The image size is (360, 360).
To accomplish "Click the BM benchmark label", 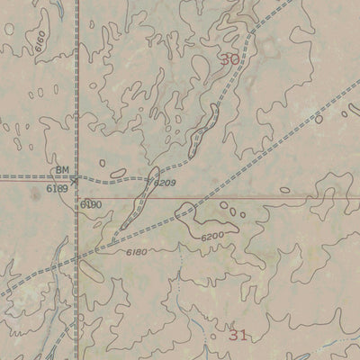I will (62, 168).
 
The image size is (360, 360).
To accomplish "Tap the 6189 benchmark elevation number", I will (57, 188).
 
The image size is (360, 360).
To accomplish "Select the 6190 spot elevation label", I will (91, 204).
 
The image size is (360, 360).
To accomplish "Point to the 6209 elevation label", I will (165, 184).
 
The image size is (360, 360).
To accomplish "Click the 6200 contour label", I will (212, 236).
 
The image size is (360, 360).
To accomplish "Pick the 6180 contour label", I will (137, 251).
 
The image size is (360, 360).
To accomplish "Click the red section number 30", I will (230, 60).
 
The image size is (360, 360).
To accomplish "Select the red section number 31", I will (238, 335).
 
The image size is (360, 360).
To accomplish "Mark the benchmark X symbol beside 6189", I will (76, 177).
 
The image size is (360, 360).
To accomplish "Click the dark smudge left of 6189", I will (34, 191).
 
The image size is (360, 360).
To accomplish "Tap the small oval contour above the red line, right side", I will (285, 190).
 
